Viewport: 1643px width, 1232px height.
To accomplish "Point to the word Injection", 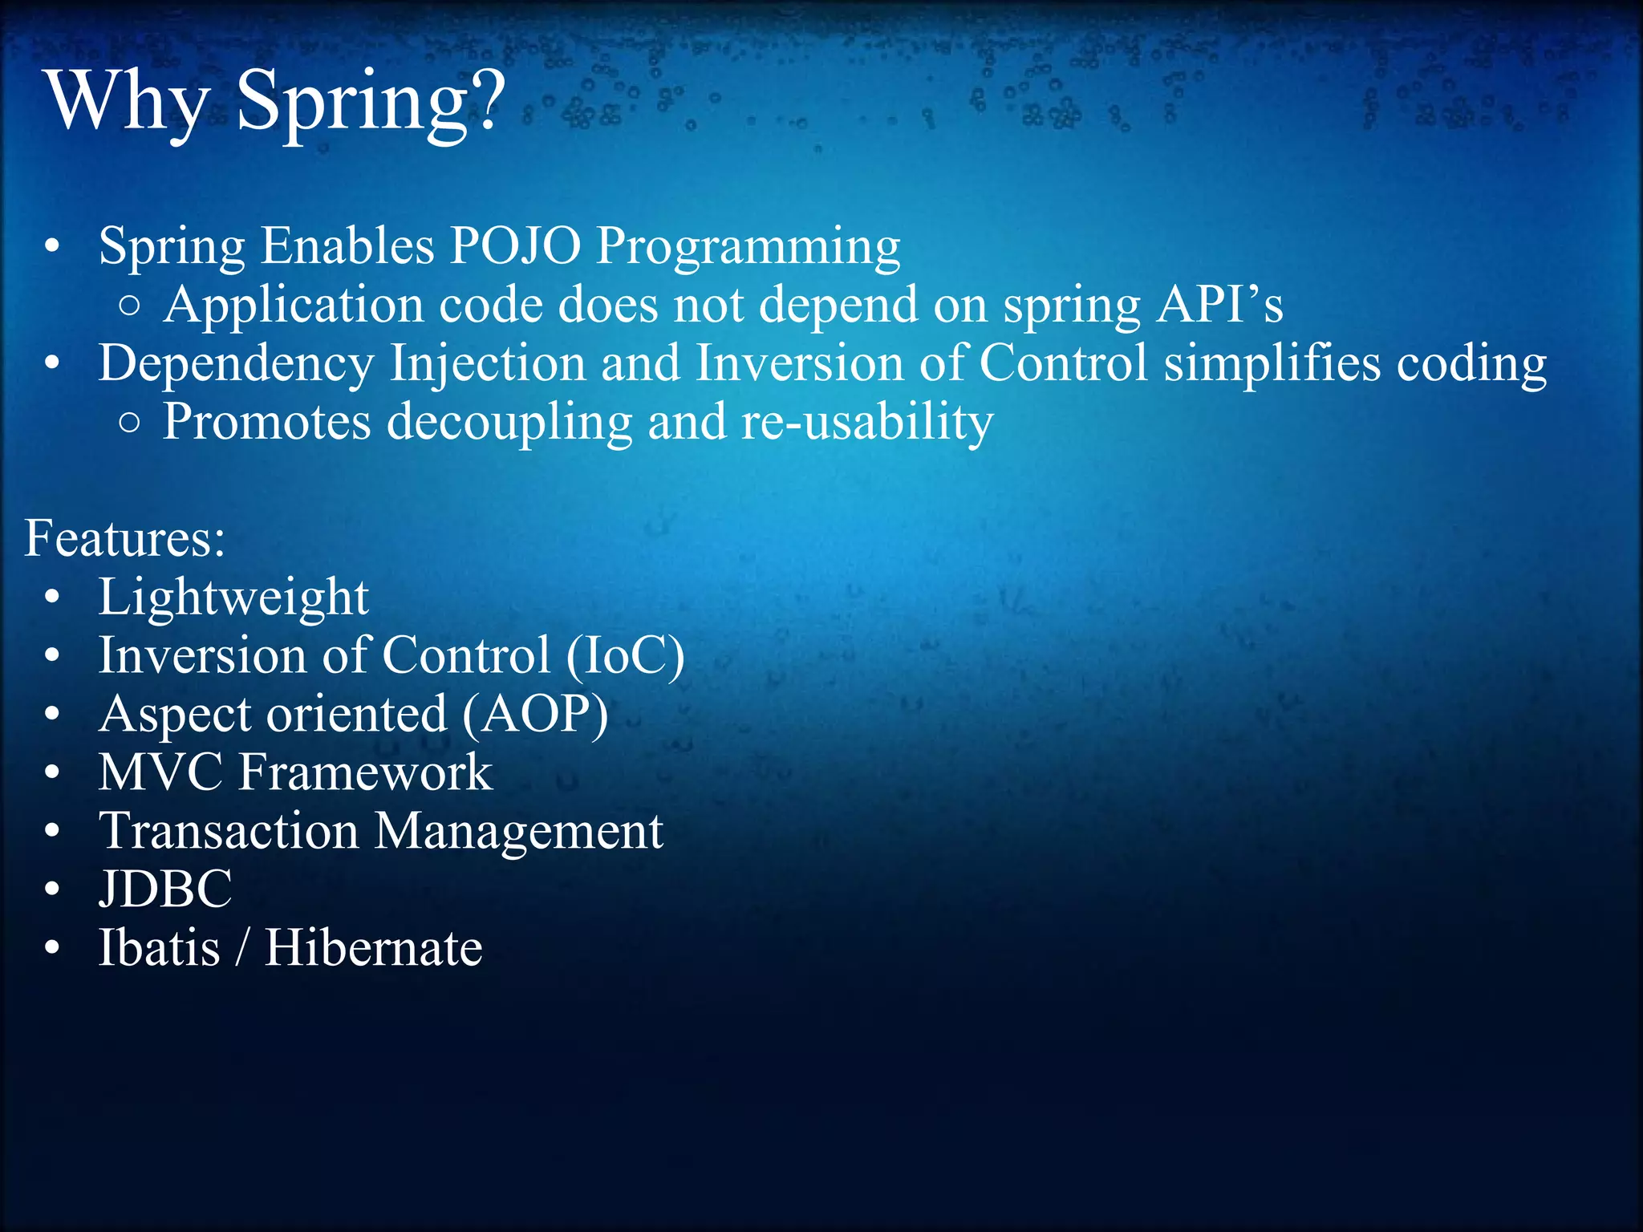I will [x=488, y=363].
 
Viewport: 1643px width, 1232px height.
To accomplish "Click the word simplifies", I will [x=1272, y=363].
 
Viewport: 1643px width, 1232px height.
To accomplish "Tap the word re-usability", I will [x=867, y=422].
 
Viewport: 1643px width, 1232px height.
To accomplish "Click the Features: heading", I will [x=124, y=538].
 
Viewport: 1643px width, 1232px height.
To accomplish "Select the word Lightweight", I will [x=233, y=598].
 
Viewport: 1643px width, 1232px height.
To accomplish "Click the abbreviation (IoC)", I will [x=625, y=656].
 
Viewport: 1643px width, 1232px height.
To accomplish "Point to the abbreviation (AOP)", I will [x=535, y=715].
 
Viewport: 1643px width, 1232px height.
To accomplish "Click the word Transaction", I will [x=229, y=831].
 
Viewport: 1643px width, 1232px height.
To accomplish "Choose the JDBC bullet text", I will [x=165, y=890].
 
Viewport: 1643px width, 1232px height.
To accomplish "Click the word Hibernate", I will [x=374, y=948].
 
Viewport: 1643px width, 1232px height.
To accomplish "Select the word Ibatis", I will [x=159, y=948].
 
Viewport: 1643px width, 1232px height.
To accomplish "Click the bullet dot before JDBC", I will [x=52, y=890].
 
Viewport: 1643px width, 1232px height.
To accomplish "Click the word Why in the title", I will [x=128, y=103].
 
